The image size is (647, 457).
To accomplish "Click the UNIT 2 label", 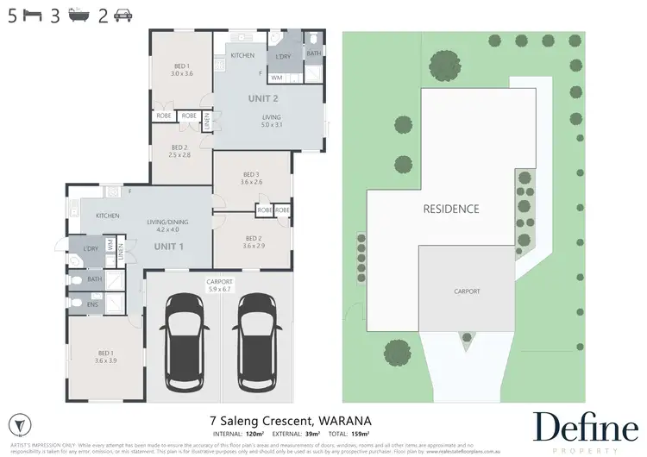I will (263, 98).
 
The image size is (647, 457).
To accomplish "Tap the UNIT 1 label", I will (168, 246).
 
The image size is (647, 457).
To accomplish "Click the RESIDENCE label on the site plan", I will (450, 209).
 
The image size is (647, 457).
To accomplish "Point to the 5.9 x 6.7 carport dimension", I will (220, 289).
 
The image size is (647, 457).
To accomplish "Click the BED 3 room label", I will (252, 176).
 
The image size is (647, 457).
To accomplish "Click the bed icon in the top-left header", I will (32, 15).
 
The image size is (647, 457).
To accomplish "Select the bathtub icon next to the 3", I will (79, 15).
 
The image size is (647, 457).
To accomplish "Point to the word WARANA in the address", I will (347, 398).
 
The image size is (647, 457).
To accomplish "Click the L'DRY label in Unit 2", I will (282, 57).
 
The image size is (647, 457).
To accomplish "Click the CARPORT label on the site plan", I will (467, 291).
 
